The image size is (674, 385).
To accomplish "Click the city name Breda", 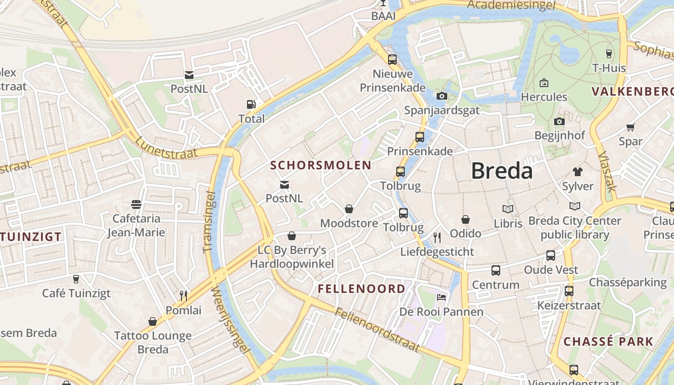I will pyautogui.click(x=502, y=171).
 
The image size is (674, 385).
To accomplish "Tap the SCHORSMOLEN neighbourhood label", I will pyautogui.click(x=321, y=166).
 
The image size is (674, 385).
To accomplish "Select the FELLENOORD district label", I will pyautogui.click(x=362, y=289).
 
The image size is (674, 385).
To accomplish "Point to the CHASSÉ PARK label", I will pyautogui.click(x=609, y=342).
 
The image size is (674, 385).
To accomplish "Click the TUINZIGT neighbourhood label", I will pyautogui.click(x=31, y=237).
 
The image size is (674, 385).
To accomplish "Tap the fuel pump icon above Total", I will pyautogui.click(x=251, y=104).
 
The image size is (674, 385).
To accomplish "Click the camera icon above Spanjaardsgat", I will pyautogui.click(x=442, y=96).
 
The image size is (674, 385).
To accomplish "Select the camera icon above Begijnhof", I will pyautogui.click(x=559, y=121).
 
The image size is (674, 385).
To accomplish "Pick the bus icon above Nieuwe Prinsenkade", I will pyautogui.click(x=392, y=60).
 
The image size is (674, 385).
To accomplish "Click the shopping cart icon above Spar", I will pyautogui.click(x=630, y=127).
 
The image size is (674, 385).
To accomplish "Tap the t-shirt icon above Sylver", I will pyautogui.click(x=578, y=172).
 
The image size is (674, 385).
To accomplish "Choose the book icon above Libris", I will pyautogui.click(x=508, y=209).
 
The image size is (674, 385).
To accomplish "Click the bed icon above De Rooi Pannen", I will pyautogui.click(x=441, y=297).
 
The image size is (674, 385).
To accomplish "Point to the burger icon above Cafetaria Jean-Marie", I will pyautogui.click(x=136, y=205).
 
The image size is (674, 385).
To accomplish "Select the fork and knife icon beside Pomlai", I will pyautogui.click(x=183, y=295).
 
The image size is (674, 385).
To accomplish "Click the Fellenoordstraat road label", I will pyautogui.click(x=378, y=331).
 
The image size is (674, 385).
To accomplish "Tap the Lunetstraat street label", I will pyautogui.click(x=166, y=147).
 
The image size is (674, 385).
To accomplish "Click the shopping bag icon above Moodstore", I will pyautogui.click(x=349, y=209).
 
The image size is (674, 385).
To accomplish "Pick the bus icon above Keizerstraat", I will pyautogui.click(x=569, y=291).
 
